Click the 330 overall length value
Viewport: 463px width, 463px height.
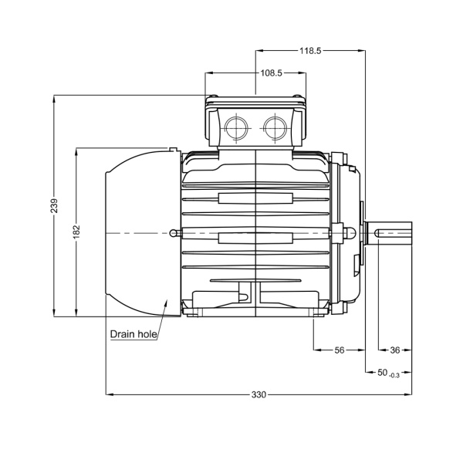coord(259,395)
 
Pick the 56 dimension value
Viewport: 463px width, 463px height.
coord(339,350)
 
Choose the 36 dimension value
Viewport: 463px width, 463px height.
coord(395,350)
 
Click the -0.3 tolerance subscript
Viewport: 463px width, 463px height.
coord(395,375)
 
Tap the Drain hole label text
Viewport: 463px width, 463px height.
coord(133,334)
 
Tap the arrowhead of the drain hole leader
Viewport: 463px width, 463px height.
coord(169,302)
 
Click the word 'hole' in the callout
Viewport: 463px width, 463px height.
coord(147,334)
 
